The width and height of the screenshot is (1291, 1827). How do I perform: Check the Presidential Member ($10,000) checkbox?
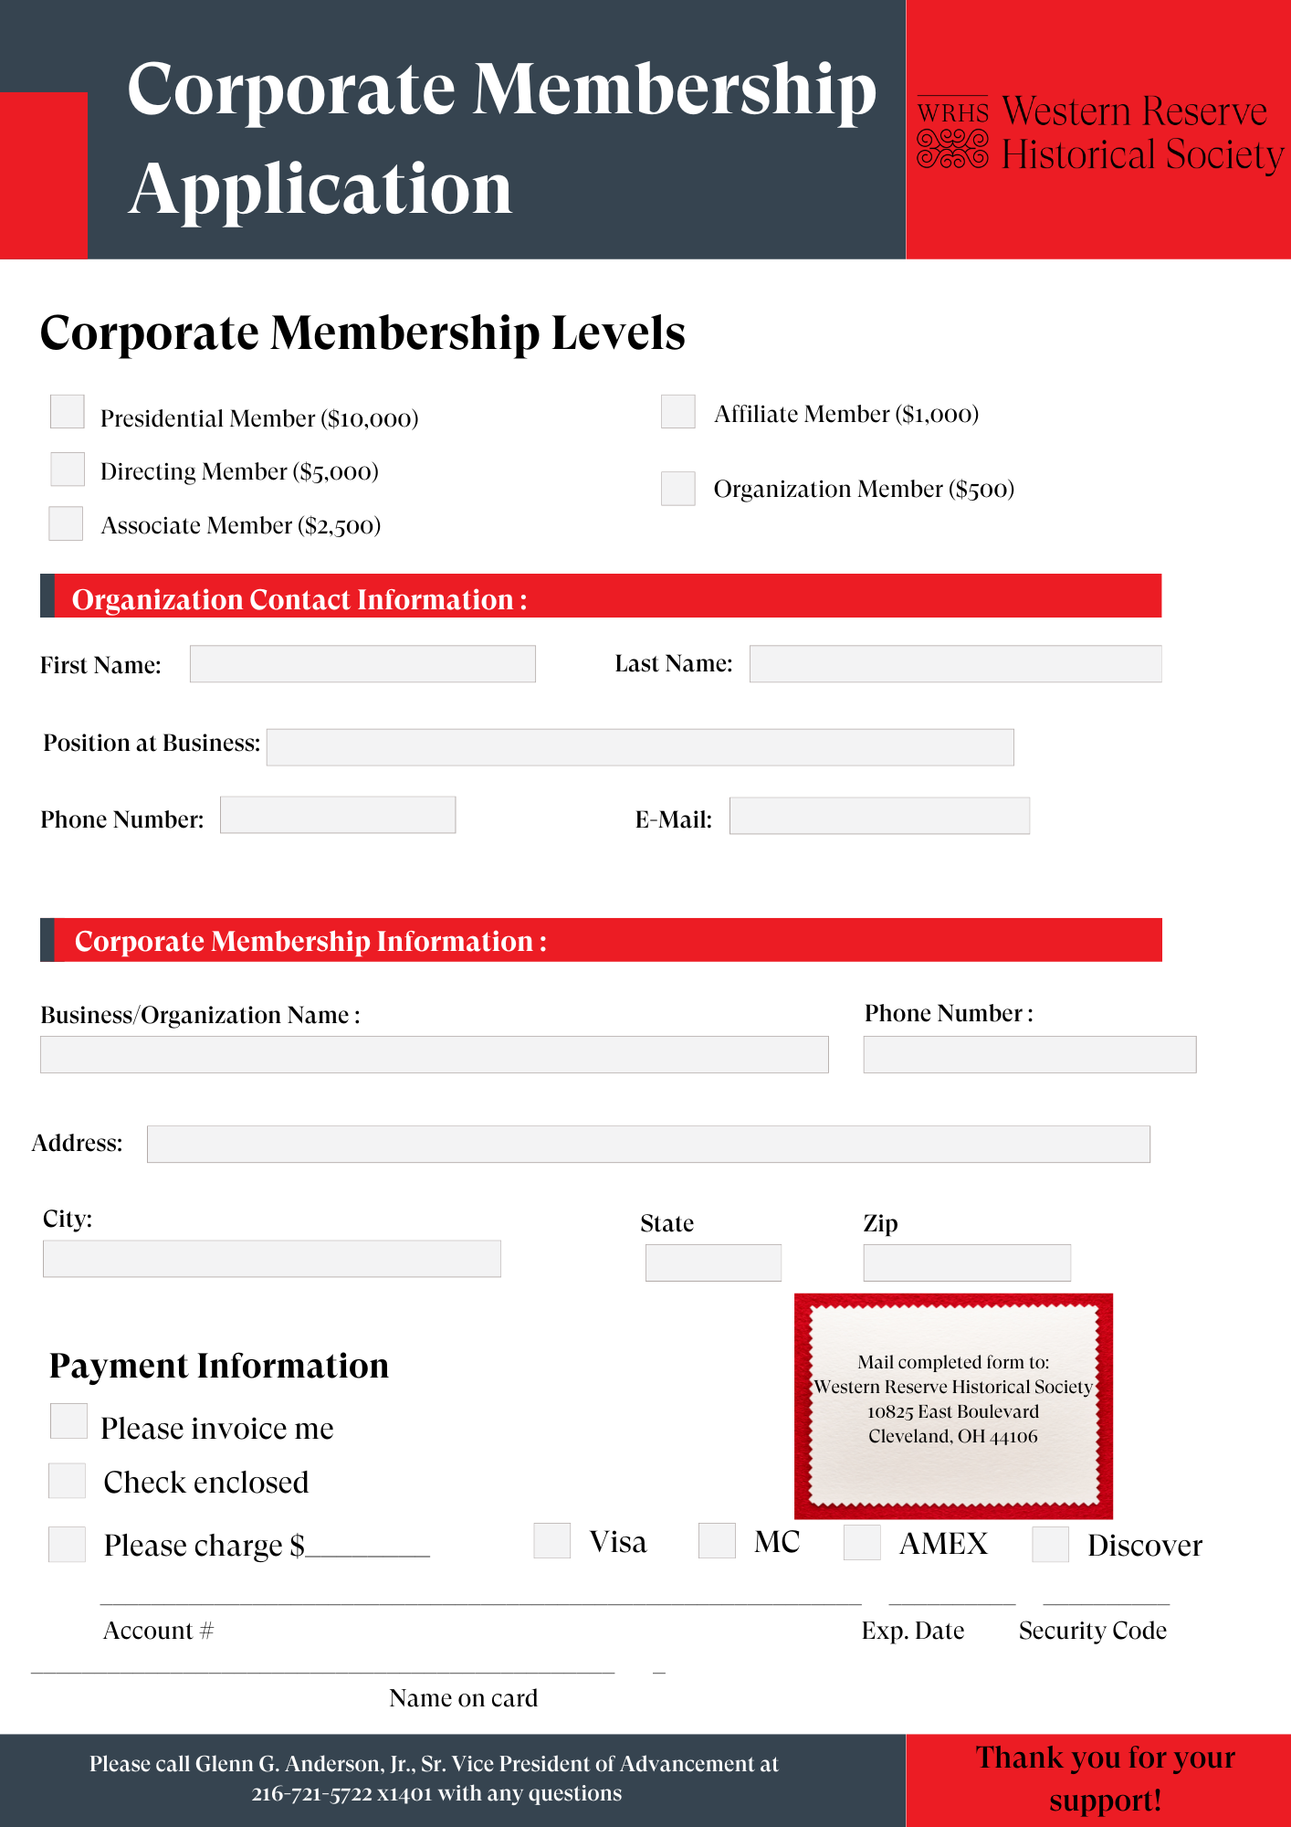(68, 412)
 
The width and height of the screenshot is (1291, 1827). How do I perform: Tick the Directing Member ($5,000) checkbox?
(68, 469)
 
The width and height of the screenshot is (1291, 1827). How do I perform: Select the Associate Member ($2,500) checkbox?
(66, 523)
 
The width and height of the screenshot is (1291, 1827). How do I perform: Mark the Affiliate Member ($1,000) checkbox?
(678, 412)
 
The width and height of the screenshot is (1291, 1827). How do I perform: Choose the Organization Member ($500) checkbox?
(678, 489)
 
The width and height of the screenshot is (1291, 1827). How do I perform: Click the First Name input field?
(362, 664)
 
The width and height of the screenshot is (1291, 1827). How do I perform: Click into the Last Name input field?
(955, 664)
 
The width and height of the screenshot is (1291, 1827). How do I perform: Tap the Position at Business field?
(640, 747)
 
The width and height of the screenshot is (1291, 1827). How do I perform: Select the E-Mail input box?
(879, 816)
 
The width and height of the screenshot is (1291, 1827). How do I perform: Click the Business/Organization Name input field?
(435, 1054)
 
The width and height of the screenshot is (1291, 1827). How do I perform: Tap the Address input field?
(648, 1144)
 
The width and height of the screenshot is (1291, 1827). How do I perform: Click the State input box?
(713, 1262)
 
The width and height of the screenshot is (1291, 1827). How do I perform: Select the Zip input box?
(967, 1262)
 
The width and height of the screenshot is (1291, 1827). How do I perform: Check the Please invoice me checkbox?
(68, 1421)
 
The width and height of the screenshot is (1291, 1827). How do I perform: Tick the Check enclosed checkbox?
(67, 1481)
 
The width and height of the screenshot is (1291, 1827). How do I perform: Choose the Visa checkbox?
(552, 1540)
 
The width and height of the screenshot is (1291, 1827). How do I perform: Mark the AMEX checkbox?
(862, 1542)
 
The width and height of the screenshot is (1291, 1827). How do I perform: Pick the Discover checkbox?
(1050, 1544)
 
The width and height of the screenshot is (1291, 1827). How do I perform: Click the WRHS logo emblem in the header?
(952, 133)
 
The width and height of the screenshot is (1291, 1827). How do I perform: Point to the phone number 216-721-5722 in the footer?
(311, 1794)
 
